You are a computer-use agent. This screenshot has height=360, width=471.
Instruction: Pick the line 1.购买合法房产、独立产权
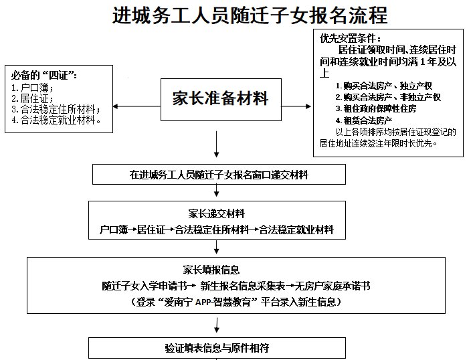tap(383, 86)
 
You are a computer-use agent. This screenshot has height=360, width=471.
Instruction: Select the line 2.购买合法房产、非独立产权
tap(388, 97)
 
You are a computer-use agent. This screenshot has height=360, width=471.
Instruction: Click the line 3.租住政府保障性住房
tap(375, 108)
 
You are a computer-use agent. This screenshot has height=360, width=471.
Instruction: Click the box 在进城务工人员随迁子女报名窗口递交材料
tap(219, 175)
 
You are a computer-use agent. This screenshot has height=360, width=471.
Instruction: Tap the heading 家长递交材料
tap(216, 214)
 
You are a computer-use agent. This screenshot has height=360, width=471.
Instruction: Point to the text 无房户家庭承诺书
tap(333, 286)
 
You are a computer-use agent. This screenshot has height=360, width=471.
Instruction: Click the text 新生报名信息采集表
tap(238, 286)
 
